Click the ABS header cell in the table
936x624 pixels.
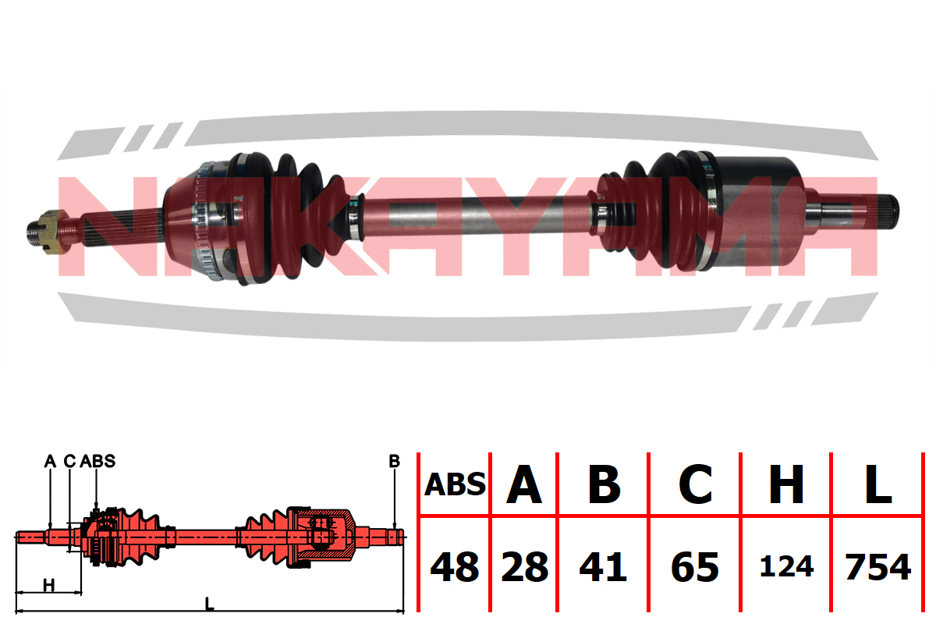coord(455,485)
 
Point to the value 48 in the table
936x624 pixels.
coord(455,567)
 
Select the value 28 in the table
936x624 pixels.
coord(524,567)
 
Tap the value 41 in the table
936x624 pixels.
coord(604,567)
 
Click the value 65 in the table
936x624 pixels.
coord(695,567)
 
